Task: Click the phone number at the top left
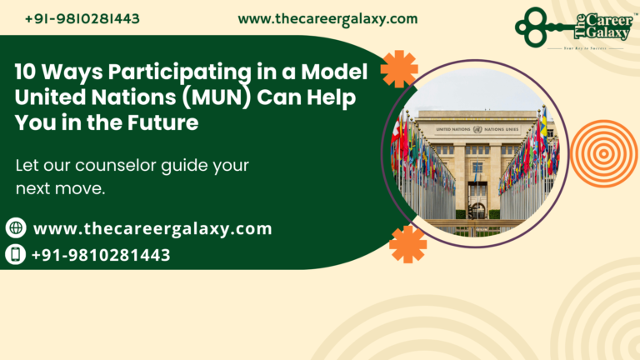pyautogui.click(x=82, y=18)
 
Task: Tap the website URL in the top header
pyautogui.click(x=327, y=18)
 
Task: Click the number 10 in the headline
pyautogui.click(x=26, y=72)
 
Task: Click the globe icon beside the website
pyautogui.click(x=16, y=228)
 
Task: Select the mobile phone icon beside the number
pyautogui.click(x=16, y=254)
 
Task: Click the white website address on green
pyautogui.click(x=152, y=228)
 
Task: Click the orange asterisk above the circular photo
pyautogui.click(x=399, y=69)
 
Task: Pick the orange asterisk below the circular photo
pyautogui.click(x=407, y=244)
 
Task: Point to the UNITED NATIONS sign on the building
pyautogui.click(x=477, y=129)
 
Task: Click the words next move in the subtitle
pyautogui.click(x=60, y=189)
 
